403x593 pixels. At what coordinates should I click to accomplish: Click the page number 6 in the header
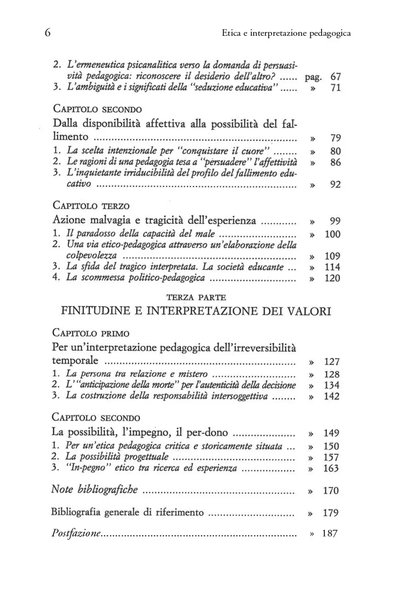tap(48, 33)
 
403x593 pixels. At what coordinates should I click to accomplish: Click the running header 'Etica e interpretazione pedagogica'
tap(286, 33)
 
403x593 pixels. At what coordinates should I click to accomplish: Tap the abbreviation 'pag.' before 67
tap(313, 76)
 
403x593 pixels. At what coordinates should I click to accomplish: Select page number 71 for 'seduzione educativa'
tap(335, 88)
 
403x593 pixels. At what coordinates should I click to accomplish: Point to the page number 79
tap(335, 138)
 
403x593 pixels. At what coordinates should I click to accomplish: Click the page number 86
tap(335, 163)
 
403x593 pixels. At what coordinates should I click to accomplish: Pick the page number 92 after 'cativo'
tap(335, 185)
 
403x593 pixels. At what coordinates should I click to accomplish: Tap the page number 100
tap(332, 234)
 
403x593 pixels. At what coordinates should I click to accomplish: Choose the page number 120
tap(332, 279)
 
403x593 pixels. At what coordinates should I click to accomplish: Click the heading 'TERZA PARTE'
tap(196, 298)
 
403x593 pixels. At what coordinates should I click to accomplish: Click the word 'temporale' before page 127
tap(75, 361)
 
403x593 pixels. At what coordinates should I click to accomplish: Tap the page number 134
tap(332, 385)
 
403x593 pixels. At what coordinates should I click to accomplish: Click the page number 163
tap(332, 469)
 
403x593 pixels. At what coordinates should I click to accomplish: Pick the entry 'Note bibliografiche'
tap(95, 490)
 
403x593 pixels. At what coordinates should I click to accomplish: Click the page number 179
tap(331, 513)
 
